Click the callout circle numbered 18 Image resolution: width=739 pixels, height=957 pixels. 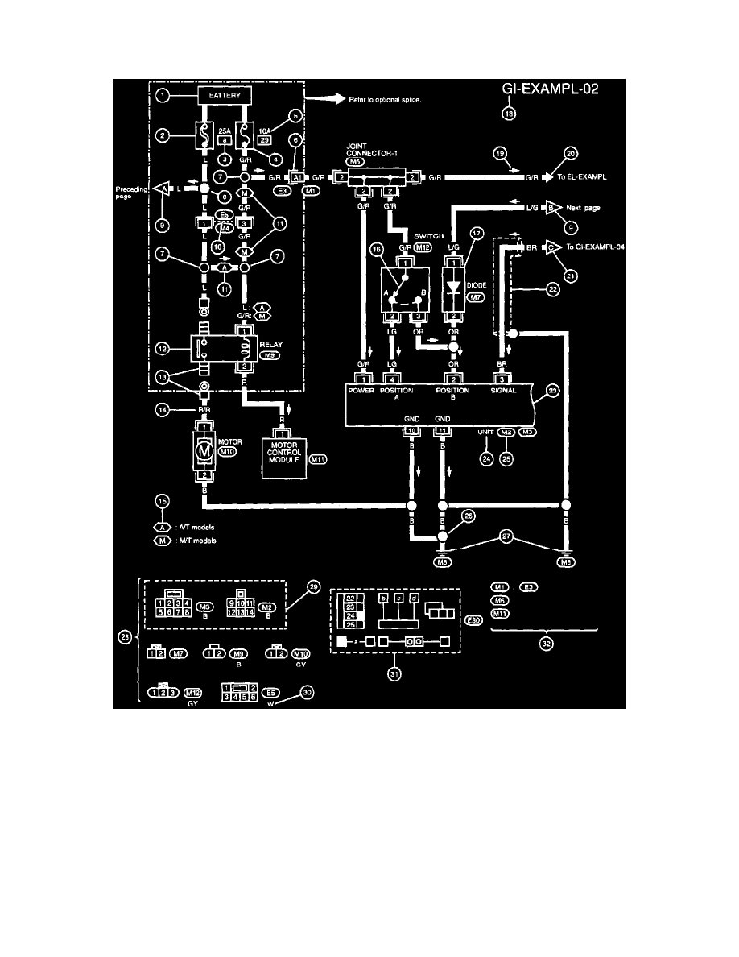pyautogui.click(x=509, y=114)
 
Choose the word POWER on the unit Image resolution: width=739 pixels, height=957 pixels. pyautogui.click(x=362, y=391)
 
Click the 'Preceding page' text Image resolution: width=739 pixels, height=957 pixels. pyautogui.click(x=129, y=191)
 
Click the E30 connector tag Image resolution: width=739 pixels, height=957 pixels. pyautogui.click(x=474, y=621)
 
